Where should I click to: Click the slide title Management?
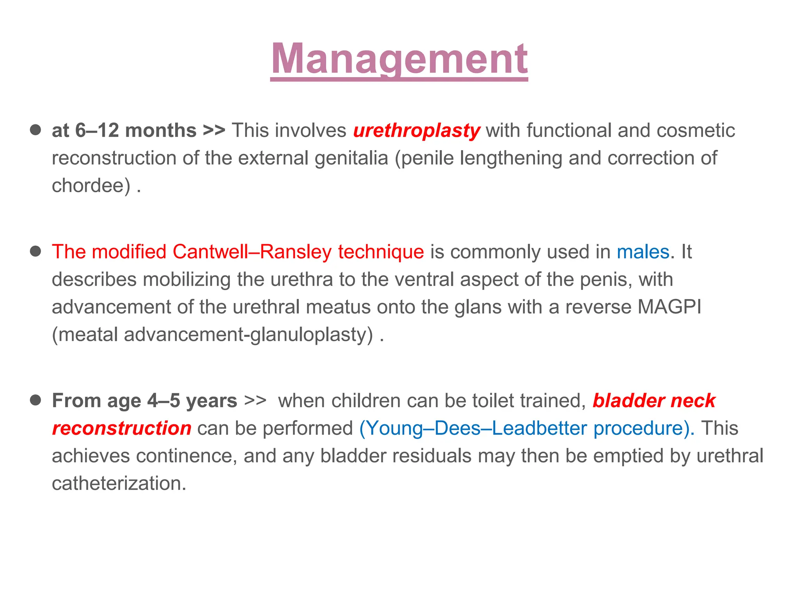point(399,60)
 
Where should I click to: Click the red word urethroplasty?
point(416,131)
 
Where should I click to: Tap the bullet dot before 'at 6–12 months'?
point(36,130)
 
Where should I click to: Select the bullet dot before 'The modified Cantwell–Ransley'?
point(36,251)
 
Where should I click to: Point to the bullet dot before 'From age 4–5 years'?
point(36,400)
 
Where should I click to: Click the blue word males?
point(643,252)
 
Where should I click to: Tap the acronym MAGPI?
point(669,307)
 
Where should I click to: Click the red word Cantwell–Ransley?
point(252,252)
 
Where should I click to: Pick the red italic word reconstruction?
point(122,429)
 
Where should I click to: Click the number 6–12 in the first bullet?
point(97,131)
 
